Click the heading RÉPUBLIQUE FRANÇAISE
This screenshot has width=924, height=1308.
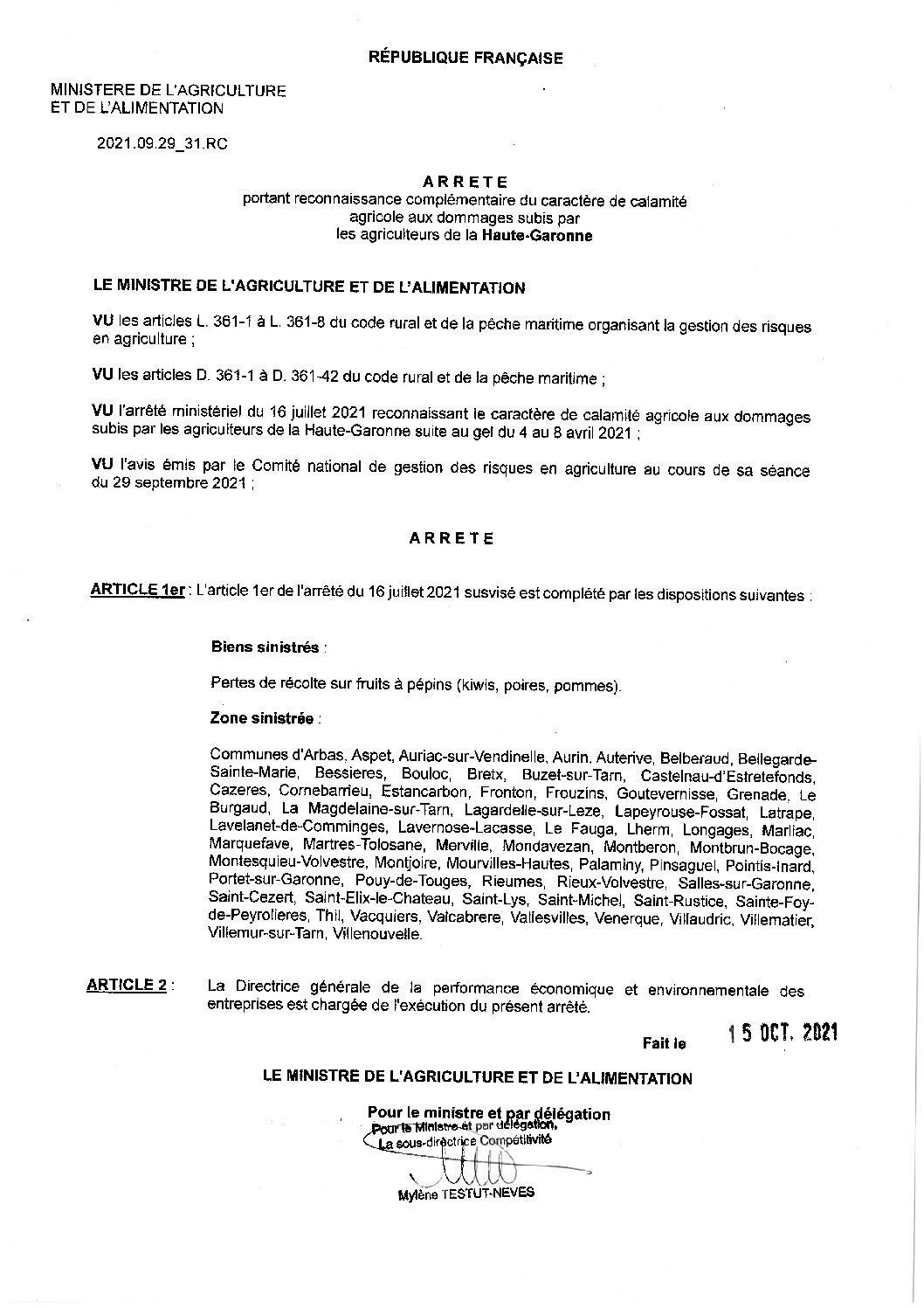click(x=465, y=59)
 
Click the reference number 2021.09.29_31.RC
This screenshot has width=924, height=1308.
click(x=162, y=144)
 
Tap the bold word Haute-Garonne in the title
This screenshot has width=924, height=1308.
click(x=536, y=235)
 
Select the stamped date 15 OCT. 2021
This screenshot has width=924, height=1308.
click(x=783, y=1033)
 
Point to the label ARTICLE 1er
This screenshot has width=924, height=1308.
click(x=137, y=590)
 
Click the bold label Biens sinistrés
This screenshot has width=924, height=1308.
click(x=265, y=647)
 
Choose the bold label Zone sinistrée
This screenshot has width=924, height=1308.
click(x=262, y=719)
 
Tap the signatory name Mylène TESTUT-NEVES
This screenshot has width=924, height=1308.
click(x=465, y=1193)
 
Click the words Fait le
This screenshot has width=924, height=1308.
click(x=665, y=1042)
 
